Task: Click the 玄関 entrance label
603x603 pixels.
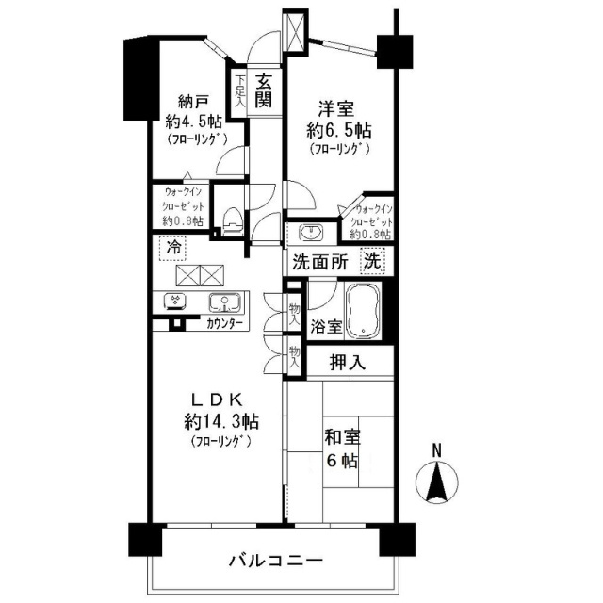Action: tap(264, 90)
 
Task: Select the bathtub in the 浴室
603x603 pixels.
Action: tap(363, 312)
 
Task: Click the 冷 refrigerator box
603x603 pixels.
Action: tap(172, 248)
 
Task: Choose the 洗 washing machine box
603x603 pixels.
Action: tap(373, 261)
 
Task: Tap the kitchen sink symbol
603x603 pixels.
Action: tap(225, 302)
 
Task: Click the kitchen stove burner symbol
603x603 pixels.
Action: tap(175, 301)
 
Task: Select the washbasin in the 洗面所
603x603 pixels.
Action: tap(312, 233)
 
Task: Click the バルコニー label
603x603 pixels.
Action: tap(276, 561)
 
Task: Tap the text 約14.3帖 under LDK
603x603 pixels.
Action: tap(221, 421)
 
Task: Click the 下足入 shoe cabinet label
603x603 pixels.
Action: tap(240, 90)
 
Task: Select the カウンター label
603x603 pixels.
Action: tap(224, 324)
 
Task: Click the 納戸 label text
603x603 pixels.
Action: tap(193, 103)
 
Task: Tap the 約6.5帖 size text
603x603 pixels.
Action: tap(339, 131)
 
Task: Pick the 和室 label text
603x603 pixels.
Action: tap(343, 437)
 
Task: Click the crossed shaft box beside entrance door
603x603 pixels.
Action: tap(295, 32)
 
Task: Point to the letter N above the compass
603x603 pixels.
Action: tap(436, 450)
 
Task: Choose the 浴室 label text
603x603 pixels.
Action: tap(326, 327)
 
